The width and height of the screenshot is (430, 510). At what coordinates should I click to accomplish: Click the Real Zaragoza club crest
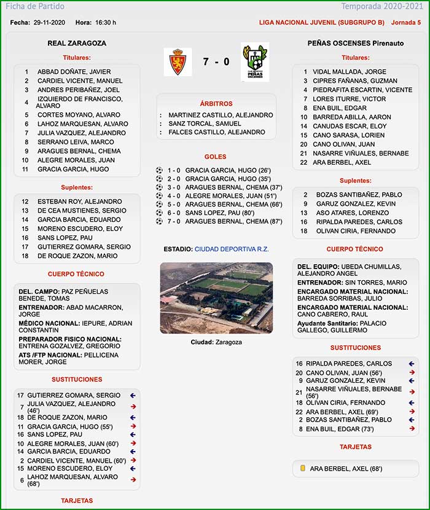[178, 61]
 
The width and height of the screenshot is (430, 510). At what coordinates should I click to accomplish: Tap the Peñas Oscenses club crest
[254, 61]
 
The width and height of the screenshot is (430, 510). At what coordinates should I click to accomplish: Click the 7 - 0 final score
[216, 61]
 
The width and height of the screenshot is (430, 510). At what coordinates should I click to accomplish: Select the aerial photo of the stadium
[216, 298]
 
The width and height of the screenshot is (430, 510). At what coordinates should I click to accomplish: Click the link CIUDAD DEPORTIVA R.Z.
[232, 249]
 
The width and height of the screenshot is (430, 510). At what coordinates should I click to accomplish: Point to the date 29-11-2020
[50, 23]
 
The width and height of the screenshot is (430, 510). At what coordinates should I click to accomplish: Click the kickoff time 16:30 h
[106, 23]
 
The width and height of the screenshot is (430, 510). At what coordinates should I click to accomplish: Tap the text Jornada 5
[406, 23]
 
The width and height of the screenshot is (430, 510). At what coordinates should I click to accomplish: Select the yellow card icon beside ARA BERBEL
[302, 469]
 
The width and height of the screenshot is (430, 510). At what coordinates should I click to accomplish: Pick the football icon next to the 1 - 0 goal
[160, 170]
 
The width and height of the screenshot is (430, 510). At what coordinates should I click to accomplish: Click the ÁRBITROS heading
[216, 104]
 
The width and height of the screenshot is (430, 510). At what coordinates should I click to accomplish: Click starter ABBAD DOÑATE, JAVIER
[74, 72]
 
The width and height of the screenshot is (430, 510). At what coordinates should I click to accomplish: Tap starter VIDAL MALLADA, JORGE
[350, 72]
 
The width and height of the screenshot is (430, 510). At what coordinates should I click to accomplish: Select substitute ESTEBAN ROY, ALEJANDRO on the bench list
[80, 202]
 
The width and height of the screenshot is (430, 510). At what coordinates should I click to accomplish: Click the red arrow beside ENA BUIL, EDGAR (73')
[412, 429]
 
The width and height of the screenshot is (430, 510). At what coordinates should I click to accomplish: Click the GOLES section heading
[216, 157]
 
